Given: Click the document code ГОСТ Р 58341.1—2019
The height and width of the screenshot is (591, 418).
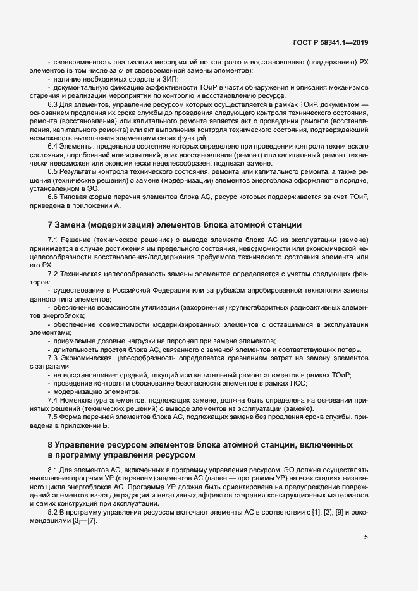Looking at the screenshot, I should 331,42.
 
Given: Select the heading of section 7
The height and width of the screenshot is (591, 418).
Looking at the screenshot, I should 171,224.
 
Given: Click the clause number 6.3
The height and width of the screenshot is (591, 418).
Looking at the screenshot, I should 54,104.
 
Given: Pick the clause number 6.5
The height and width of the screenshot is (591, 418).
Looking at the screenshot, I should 54,172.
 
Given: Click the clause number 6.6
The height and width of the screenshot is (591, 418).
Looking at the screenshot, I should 54,197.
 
